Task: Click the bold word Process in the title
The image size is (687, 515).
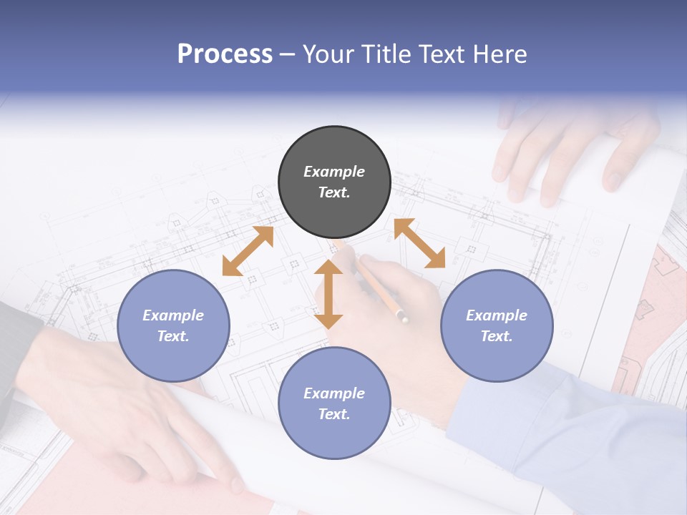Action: [225, 54]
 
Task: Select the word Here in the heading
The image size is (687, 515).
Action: [498, 54]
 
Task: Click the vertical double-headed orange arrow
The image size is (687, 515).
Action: [328, 295]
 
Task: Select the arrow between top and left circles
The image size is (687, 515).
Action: [248, 251]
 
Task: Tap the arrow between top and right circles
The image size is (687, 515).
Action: [419, 243]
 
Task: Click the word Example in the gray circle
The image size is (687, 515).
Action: [334, 172]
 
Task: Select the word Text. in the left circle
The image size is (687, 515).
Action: [173, 336]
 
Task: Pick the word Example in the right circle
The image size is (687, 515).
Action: [497, 315]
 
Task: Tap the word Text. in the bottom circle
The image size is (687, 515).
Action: [334, 414]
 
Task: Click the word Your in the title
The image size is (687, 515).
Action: [326, 54]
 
